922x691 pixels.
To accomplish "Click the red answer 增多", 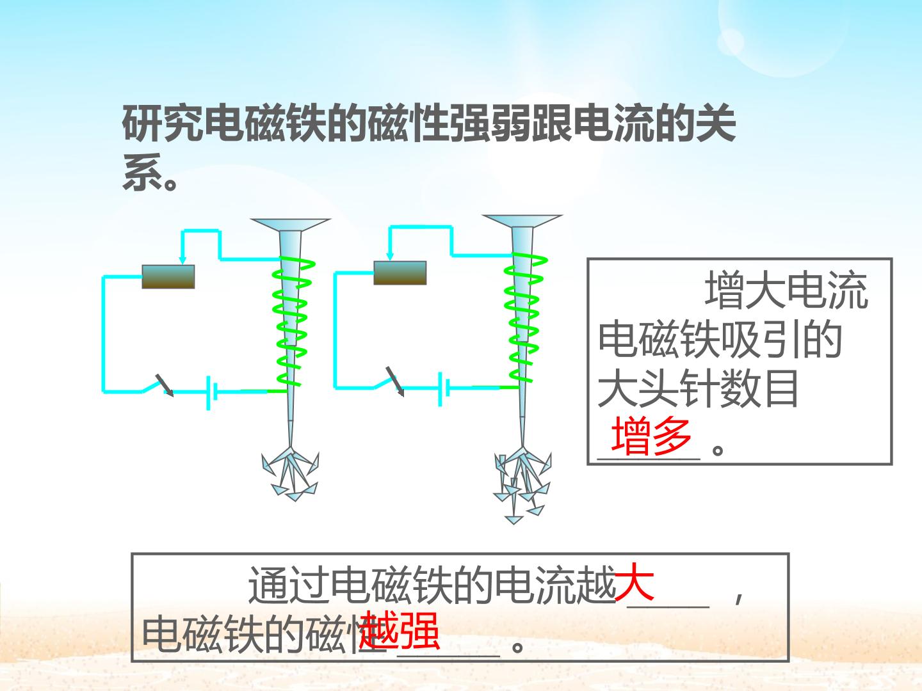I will pos(652,436).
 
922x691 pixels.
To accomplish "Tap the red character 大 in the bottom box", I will pos(635,582).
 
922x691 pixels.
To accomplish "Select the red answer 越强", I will pos(400,630).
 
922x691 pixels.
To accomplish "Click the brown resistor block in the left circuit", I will pos(168,276).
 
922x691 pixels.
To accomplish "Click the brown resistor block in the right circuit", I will pos(400,273).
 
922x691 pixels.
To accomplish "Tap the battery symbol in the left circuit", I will pos(212,391).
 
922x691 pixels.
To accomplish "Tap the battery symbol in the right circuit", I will pos(443,388).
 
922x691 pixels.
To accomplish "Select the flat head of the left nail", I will pos(290,224).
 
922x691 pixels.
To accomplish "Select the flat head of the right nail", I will pos(522,221).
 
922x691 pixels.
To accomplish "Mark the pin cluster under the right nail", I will pos(521,483).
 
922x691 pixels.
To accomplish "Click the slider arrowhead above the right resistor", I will pos(389,256).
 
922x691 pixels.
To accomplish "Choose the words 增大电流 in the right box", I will pos(786,291).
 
